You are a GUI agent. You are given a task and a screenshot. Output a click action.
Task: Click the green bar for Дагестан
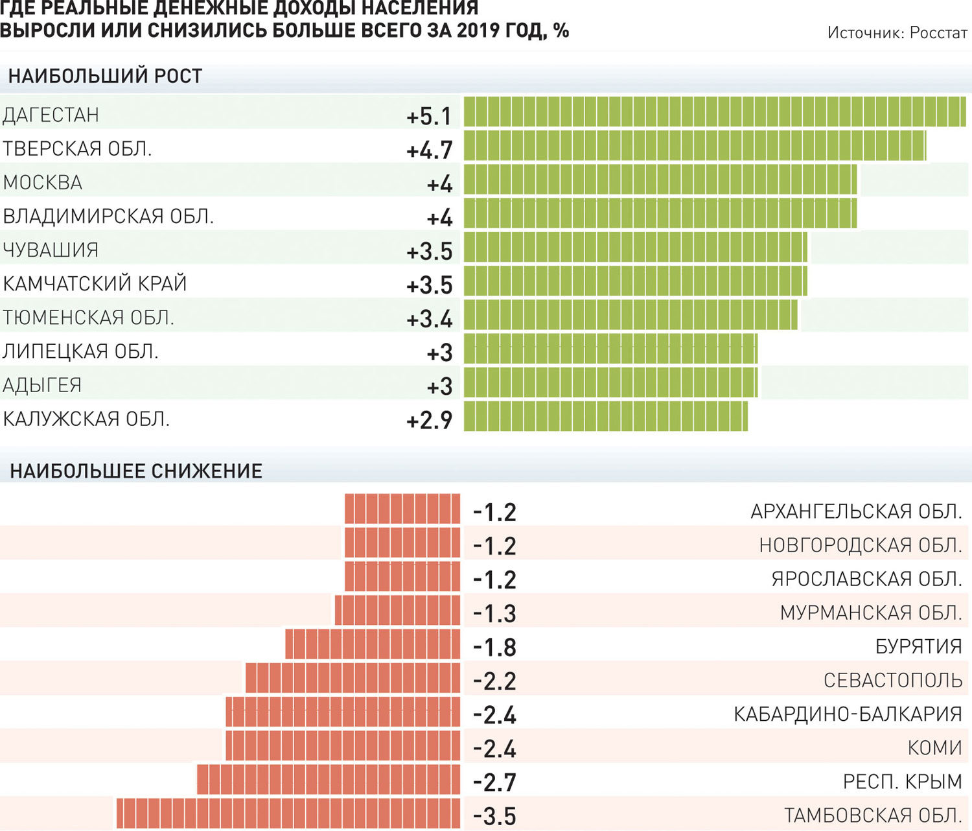(715, 111)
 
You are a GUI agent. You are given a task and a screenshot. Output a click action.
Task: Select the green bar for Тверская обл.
(695, 145)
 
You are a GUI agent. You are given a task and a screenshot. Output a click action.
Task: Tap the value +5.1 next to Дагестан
(429, 116)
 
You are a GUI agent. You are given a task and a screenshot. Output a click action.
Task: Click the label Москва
(43, 183)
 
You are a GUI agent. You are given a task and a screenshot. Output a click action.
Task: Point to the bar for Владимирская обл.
(660, 213)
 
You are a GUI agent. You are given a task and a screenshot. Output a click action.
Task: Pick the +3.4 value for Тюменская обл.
(429, 320)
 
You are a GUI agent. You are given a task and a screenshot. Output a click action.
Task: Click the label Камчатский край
(95, 283)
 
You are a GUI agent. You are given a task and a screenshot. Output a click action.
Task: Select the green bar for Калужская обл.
(606, 416)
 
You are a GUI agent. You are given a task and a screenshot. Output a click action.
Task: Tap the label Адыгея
(42, 385)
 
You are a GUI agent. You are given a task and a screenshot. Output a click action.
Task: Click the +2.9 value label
(429, 421)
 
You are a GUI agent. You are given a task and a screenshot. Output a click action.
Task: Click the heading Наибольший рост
(106, 76)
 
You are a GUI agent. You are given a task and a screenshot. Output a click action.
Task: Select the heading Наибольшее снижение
(136, 471)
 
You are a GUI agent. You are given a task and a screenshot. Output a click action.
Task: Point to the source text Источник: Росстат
(897, 32)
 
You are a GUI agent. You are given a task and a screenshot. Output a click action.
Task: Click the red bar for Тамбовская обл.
(288, 813)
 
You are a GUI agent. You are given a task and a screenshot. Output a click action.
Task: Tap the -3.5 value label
(494, 817)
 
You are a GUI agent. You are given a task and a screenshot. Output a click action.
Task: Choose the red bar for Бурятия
(373, 644)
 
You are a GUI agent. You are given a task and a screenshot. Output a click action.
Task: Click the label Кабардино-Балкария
(848, 714)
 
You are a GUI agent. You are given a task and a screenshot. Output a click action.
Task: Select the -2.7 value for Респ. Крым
(494, 782)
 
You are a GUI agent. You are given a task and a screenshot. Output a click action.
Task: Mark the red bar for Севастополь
(353, 677)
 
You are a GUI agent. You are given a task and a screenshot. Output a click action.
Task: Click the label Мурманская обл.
(871, 613)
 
